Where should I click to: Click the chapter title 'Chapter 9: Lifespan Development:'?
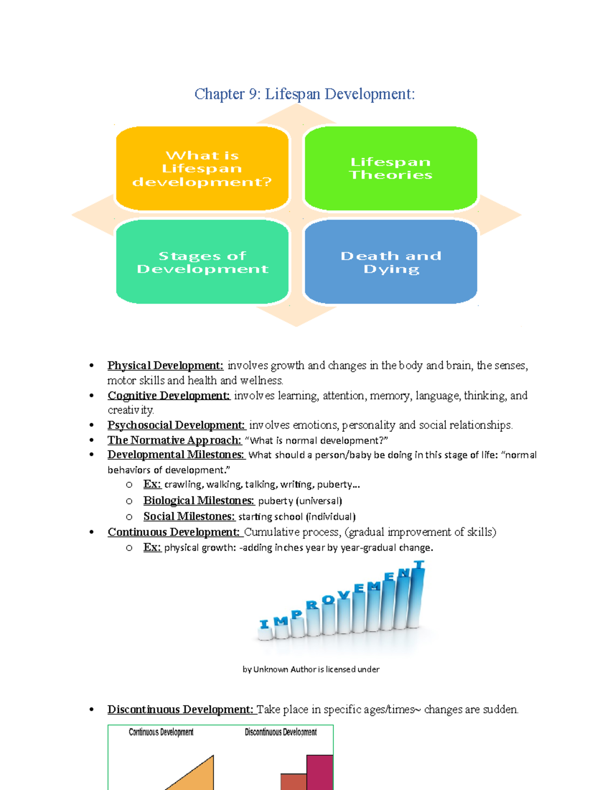[x=304, y=94]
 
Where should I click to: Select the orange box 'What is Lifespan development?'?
[x=202, y=168]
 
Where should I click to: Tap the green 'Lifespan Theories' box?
[x=390, y=168]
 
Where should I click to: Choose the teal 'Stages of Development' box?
[x=202, y=262]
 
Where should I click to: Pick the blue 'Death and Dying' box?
[x=390, y=262]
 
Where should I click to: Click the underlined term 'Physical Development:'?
[x=165, y=366]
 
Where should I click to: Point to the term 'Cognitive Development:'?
[x=169, y=396]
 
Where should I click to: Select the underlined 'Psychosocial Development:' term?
[x=176, y=425]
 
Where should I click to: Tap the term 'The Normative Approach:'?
[x=174, y=440]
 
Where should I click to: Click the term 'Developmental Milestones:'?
[x=176, y=455]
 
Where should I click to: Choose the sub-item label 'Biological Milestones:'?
[x=199, y=501]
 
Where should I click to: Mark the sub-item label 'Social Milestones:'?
[x=189, y=516]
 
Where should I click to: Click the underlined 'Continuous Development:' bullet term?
[x=173, y=532]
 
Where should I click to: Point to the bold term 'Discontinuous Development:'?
[x=180, y=710]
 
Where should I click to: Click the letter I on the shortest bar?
[x=264, y=624]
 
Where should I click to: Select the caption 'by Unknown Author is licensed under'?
[x=311, y=669]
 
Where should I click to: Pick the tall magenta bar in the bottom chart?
[x=320, y=773]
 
